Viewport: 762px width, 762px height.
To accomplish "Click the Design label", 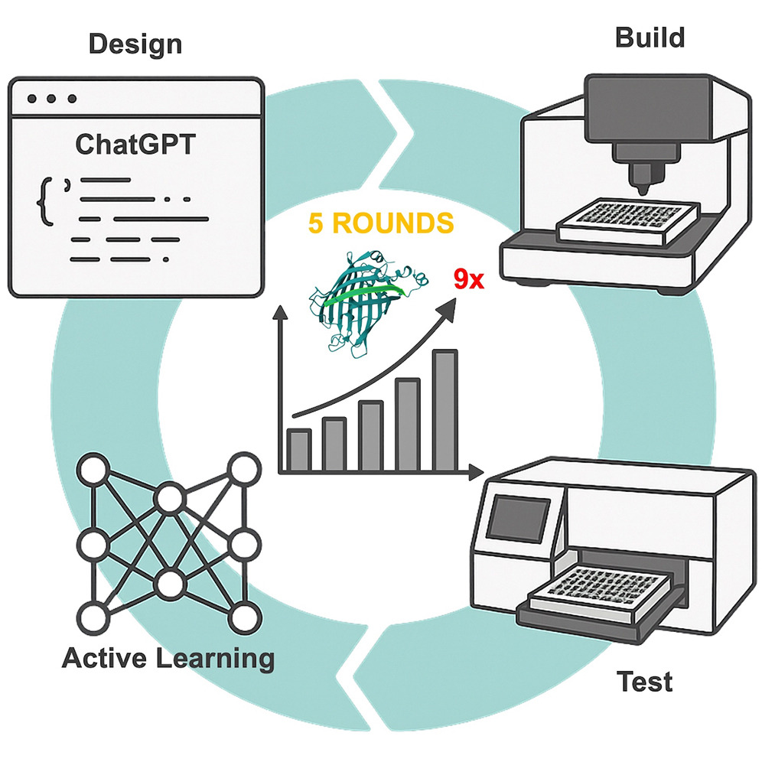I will point(135,44).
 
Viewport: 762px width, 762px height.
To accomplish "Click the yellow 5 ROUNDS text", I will point(380,223).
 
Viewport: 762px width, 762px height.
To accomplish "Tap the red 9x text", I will point(468,278).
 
